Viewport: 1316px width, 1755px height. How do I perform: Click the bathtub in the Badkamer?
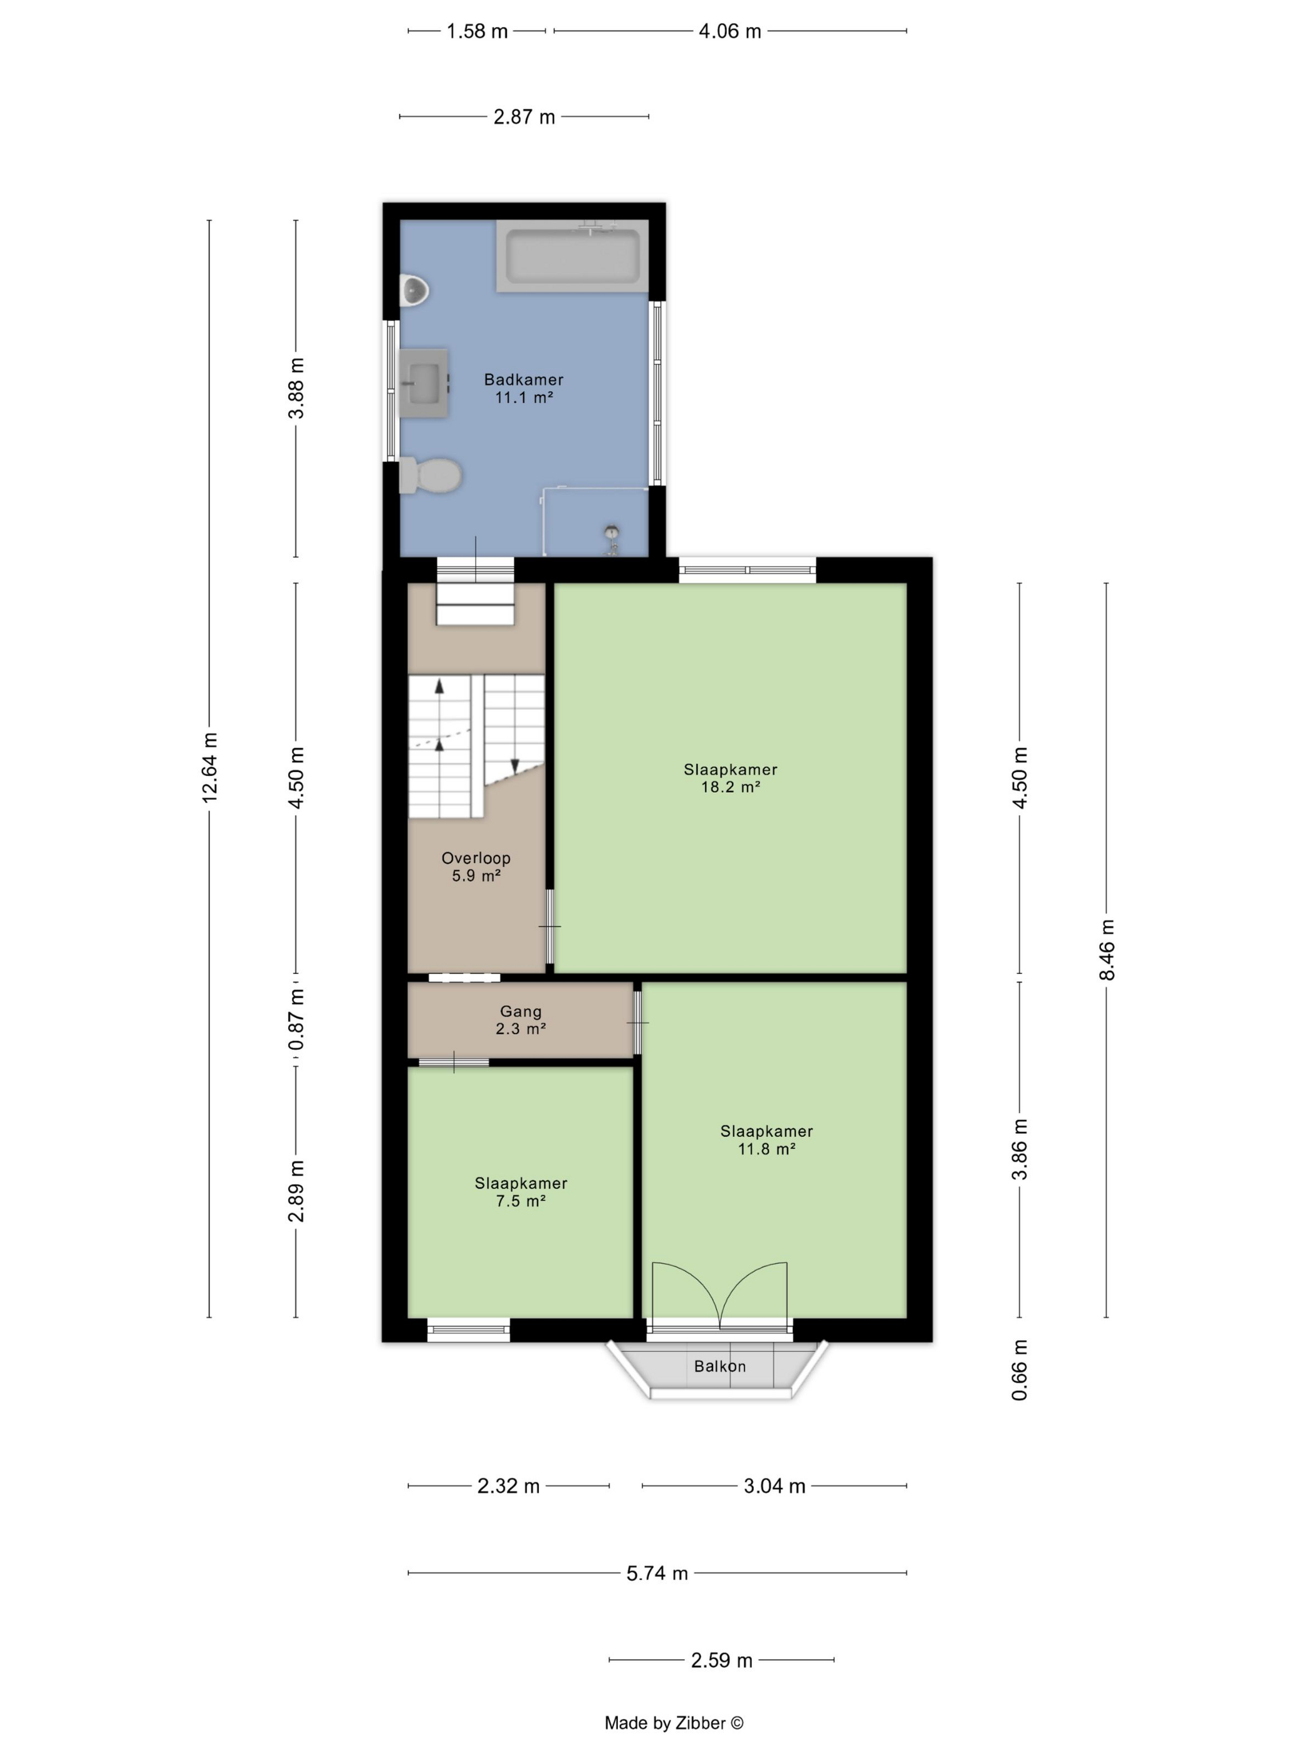click(x=572, y=256)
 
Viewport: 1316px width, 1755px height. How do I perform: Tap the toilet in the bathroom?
click(x=430, y=475)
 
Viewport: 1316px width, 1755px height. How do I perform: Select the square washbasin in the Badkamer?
click(x=424, y=383)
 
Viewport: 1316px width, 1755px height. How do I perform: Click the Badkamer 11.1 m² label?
click(x=523, y=389)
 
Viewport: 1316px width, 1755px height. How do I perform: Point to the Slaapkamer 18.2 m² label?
click(x=731, y=778)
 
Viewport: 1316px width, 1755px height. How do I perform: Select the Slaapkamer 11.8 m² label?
click(x=766, y=1139)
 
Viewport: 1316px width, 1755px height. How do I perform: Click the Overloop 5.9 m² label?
click(x=476, y=866)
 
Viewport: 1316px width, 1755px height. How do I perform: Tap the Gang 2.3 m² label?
click(x=520, y=1020)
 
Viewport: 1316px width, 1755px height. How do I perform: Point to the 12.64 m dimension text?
click(x=209, y=767)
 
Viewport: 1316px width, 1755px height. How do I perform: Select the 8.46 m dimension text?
click(x=1107, y=950)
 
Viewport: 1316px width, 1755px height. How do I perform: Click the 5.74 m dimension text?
click(x=657, y=1573)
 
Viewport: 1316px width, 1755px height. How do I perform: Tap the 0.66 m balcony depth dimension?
click(x=1020, y=1370)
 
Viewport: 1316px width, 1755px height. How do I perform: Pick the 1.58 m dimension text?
click(x=477, y=31)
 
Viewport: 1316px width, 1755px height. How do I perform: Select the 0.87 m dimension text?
click(x=296, y=1020)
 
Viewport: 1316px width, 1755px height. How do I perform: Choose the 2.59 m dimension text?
click(x=721, y=1660)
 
